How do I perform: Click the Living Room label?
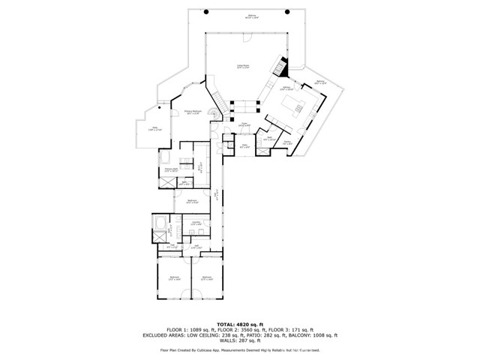(243, 67)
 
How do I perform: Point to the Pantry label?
(288, 142)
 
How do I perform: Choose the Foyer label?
(244, 125)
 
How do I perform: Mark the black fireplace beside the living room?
(280, 66)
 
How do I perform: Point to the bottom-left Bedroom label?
(174, 278)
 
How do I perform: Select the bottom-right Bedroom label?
(208, 278)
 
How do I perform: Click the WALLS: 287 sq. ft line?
(240, 341)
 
